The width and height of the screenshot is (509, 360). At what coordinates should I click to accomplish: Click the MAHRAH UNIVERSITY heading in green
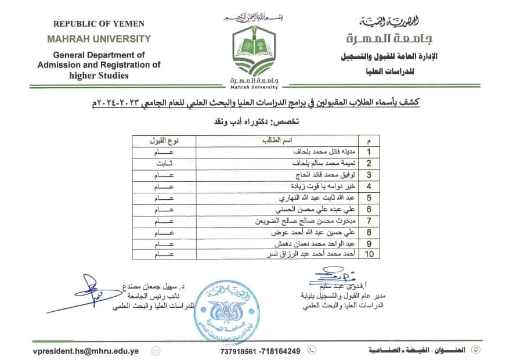tap(99, 39)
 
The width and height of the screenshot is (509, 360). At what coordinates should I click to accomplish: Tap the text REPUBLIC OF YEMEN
tap(99, 24)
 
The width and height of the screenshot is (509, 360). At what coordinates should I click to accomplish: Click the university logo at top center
tap(255, 55)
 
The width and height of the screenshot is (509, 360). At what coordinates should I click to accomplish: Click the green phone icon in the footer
tap(312, 350)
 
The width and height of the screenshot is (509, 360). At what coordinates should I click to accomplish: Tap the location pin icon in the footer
tap(476, 350)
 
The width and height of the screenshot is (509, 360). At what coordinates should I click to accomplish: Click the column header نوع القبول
tap(165, 141)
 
